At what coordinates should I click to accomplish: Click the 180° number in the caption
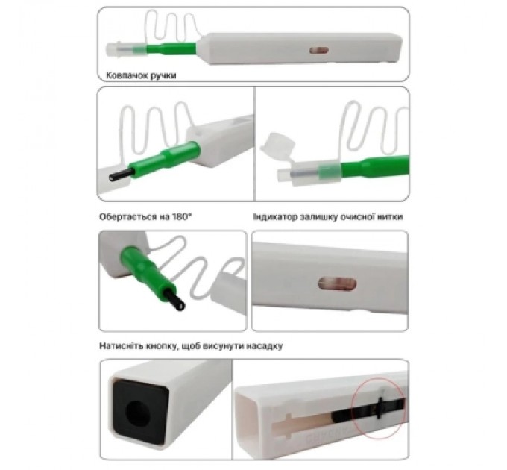[x=181, y=216]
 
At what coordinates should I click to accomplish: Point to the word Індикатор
[x=275, y=216]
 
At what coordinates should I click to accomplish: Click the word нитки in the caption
[x=390, y=216]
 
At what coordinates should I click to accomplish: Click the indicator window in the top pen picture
[x=319, y=51]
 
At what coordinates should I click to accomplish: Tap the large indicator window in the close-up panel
[x=337, y=284]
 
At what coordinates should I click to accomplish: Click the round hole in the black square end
[x=137, y=412]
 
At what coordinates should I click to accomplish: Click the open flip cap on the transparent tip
[x=278, y=144]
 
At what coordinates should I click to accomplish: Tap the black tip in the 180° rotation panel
[x=174, y=300]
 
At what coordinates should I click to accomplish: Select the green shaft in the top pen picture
[x=171, y=48]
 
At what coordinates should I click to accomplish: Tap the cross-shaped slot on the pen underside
[x=286, y=426]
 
